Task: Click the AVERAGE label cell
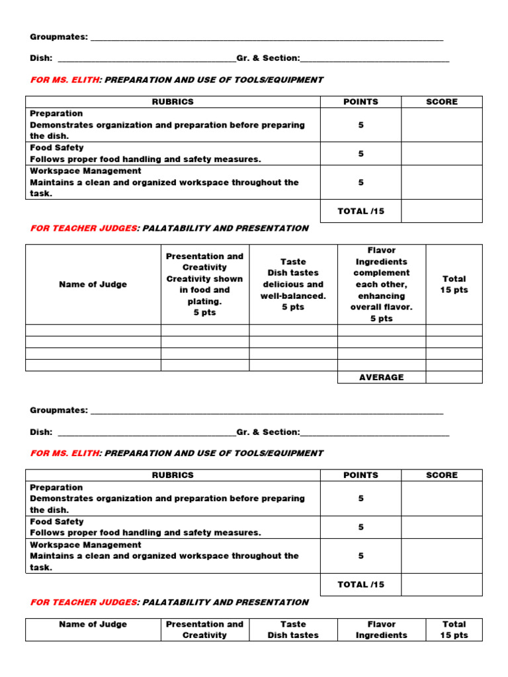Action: (381, 377)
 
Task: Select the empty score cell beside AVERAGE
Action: (454, 377)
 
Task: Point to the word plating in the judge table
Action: (204, 301)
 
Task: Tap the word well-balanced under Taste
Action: (293, 296)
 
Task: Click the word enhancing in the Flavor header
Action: (381, 296)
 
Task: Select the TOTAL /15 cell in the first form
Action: (360, 211)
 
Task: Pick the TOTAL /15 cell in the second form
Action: (360, 584)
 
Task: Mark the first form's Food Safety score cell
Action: (441, 153)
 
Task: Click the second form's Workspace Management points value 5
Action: (360, 556)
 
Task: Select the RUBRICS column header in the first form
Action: (173, 102)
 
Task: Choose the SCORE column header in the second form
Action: (441, 475)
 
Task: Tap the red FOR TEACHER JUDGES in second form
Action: (83, 602)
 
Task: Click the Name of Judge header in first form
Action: (93, 284)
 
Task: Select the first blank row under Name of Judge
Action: (93, 331)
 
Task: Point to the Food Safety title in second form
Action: (57, 522)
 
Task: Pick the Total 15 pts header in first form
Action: (454, 284)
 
